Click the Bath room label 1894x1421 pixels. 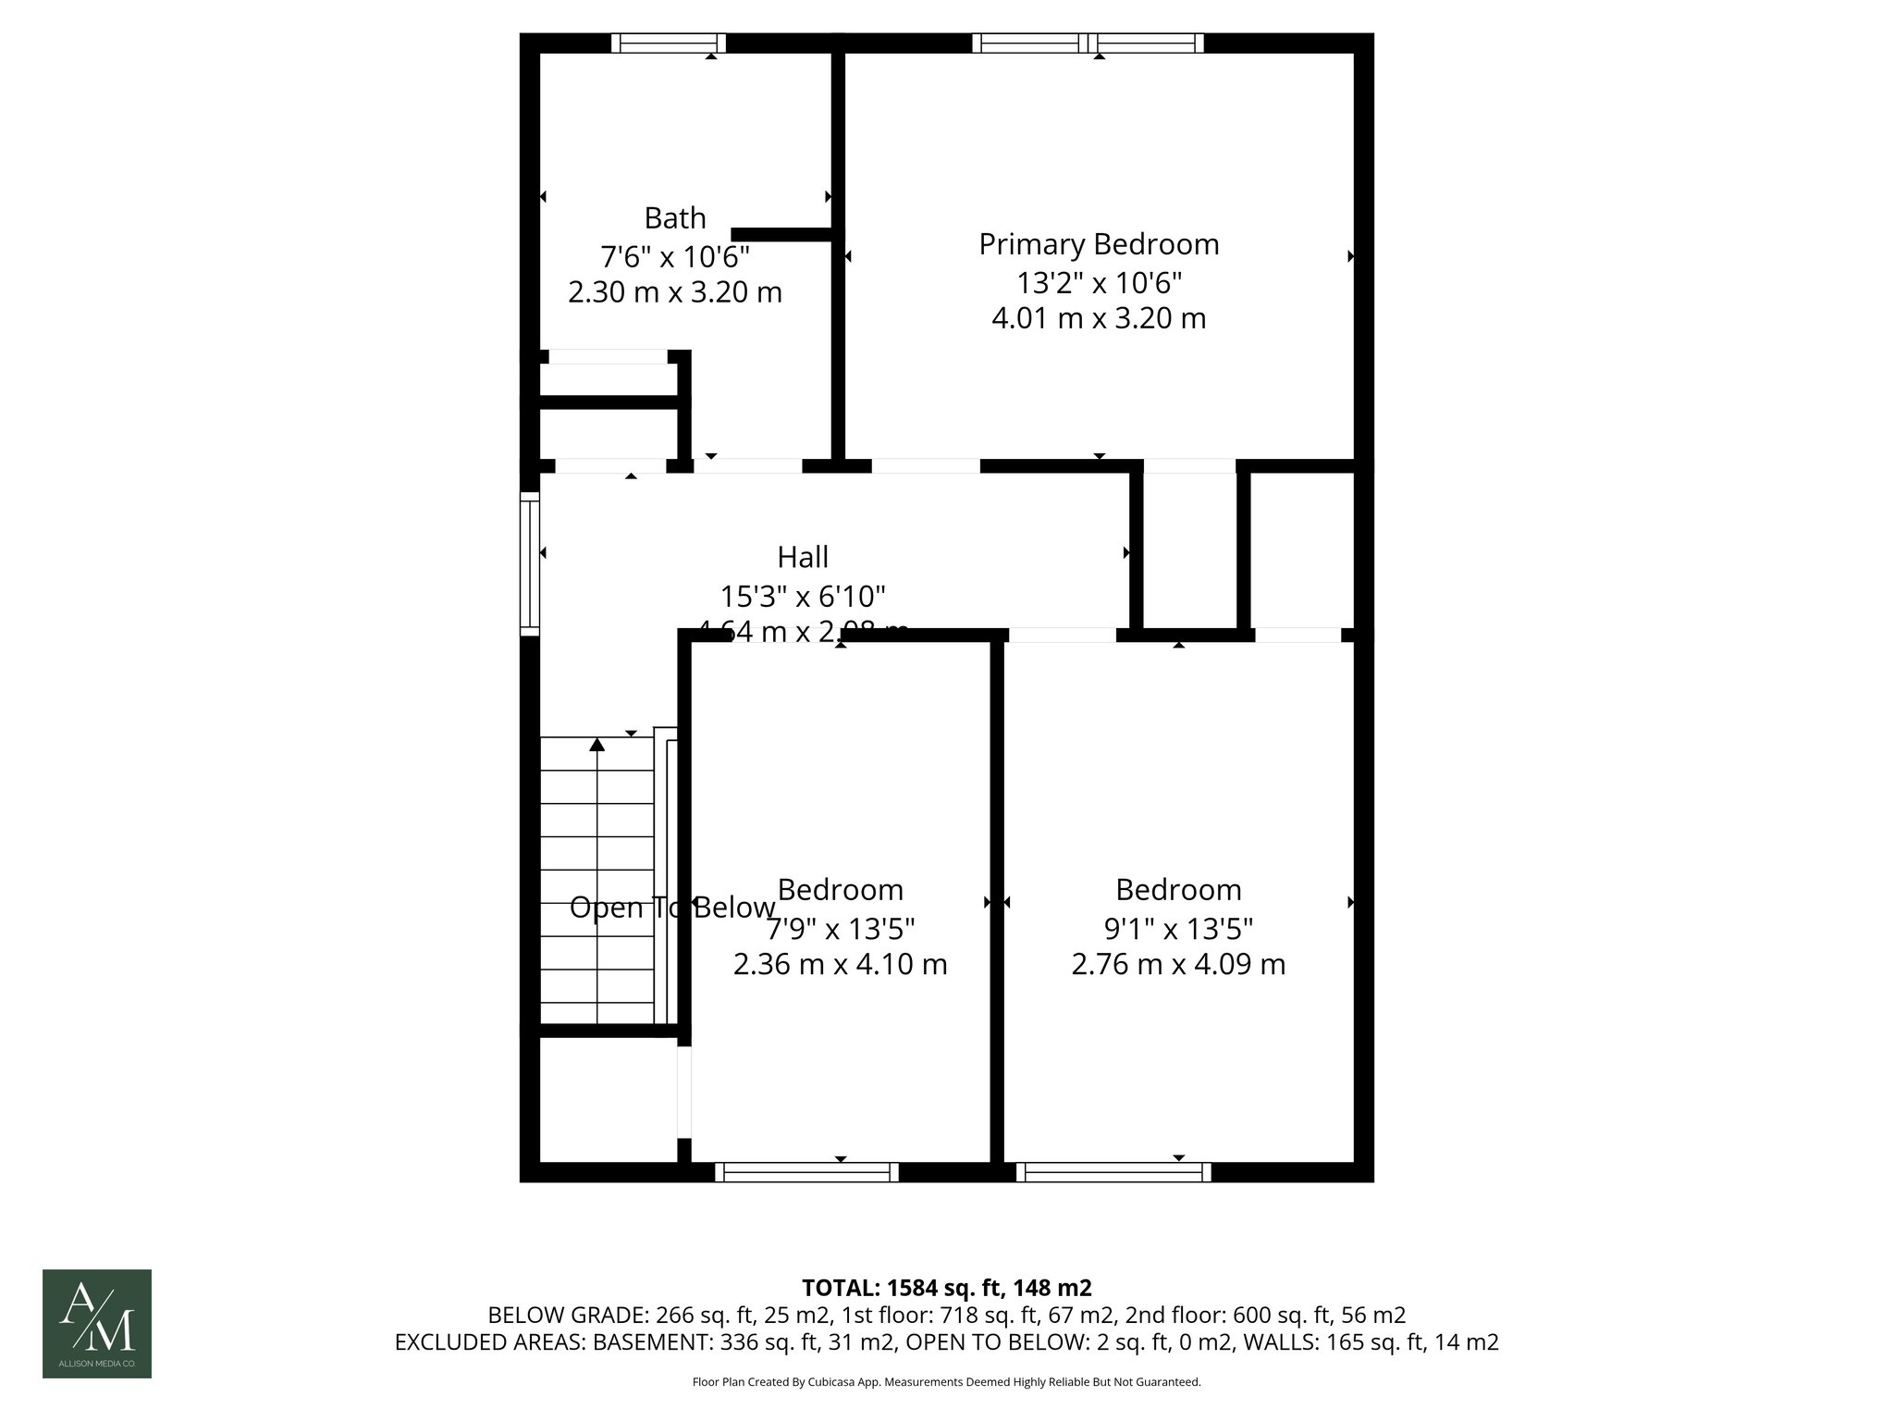(675, 218)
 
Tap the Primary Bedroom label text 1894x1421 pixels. (1099, 244)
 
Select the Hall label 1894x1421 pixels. (803, 557)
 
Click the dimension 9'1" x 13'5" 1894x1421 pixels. (1178, 927)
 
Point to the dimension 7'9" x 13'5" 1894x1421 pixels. (840, 927)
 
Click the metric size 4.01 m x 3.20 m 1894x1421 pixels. (1099, 318)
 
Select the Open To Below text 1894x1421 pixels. (672, 908)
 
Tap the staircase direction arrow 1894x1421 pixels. (597, 745)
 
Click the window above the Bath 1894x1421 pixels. (669, 43)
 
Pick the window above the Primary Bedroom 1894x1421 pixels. (1088, 43)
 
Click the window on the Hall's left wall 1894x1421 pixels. (530, 563)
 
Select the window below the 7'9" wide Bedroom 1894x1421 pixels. (806, 1172)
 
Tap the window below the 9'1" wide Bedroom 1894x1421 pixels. (1113, 1172)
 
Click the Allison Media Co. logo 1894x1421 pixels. (97, 1323)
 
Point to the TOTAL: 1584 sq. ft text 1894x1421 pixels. (946, 1288)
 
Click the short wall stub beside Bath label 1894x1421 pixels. (782, 235)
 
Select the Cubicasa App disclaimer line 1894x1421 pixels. (946, 1382)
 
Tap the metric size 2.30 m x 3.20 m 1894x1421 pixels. (675, 292)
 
